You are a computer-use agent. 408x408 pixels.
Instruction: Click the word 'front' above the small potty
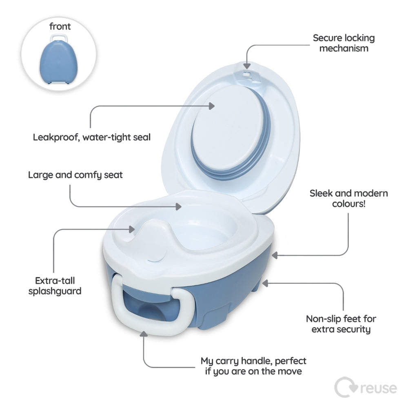(60, 26)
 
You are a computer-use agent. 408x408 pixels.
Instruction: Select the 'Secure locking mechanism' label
(344, 43)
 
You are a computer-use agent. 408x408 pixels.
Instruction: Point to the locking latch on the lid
(247, 75)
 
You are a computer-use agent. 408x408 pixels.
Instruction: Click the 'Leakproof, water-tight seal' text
(91, 137)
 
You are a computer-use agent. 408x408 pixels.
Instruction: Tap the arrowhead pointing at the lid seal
(212, 106)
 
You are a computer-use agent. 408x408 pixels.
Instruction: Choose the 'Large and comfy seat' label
(75, 175)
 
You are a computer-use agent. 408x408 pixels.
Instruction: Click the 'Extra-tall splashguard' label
(55, 286)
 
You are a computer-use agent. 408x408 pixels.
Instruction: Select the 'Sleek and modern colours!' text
(349, 198)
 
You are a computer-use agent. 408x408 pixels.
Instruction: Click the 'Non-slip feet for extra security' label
(341, 324)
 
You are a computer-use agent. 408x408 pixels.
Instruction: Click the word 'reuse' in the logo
(379, 388)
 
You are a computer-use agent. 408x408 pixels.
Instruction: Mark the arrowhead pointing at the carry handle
(144, 334)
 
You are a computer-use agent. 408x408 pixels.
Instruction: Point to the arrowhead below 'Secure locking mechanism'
(247, 66)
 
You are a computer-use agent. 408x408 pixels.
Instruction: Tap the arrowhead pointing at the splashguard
(132, 229)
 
